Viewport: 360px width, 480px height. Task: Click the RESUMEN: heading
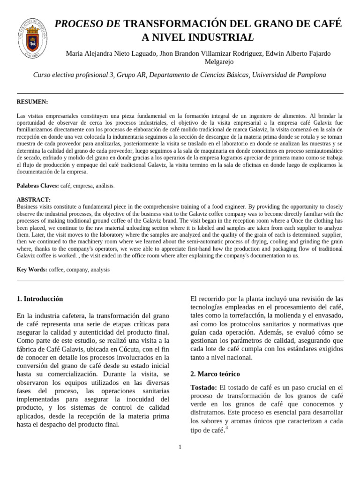[32, 102]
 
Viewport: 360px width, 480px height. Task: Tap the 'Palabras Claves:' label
[38, 186]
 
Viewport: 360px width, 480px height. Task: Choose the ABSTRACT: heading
[33, 199]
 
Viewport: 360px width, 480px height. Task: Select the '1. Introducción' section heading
[39, 299]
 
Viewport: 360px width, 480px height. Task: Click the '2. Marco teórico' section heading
[215, 374]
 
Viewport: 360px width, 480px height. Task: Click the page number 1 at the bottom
[180, 447]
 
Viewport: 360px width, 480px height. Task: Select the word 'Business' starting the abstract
[29, 206]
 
